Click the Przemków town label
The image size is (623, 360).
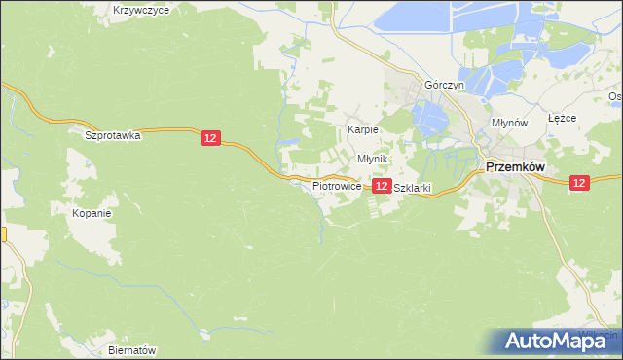(515, 166)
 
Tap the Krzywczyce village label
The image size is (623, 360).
(141, 9)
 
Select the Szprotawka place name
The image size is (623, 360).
(113, 135)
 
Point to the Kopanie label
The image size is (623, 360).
(93, 212)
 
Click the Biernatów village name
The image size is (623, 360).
(132, 349)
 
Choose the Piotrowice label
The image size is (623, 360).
(337, 185)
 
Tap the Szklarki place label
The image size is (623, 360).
(411, 189)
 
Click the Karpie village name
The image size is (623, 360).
(363, 129)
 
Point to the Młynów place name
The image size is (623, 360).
(509, 124)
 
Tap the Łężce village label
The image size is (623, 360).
(563, 118)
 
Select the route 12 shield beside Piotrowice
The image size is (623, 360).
(382, 185)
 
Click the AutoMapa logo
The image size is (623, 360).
(559, 341)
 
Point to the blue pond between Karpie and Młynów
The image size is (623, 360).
(429, 121)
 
